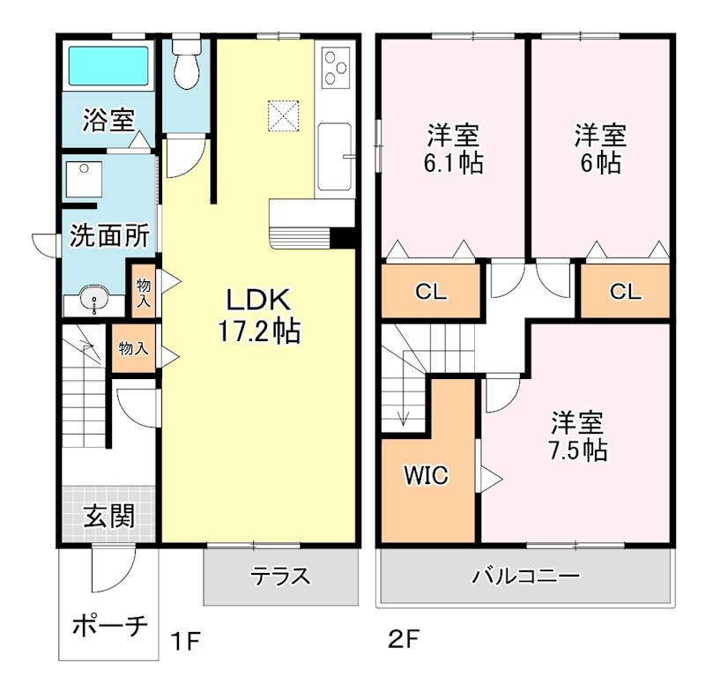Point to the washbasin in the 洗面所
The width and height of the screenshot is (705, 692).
click(93, 301)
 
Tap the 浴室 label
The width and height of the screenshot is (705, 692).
click(109, 119)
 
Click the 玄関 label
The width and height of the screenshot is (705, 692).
click(108, 517)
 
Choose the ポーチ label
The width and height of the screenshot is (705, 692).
click(108, 628)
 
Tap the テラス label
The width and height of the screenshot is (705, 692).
click(281, 577)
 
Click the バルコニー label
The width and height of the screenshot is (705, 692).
click(525, 577)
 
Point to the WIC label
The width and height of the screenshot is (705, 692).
click(427, 475)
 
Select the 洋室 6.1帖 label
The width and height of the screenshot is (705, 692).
click(454, 149)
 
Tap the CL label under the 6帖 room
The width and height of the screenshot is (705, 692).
click(625, 293)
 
